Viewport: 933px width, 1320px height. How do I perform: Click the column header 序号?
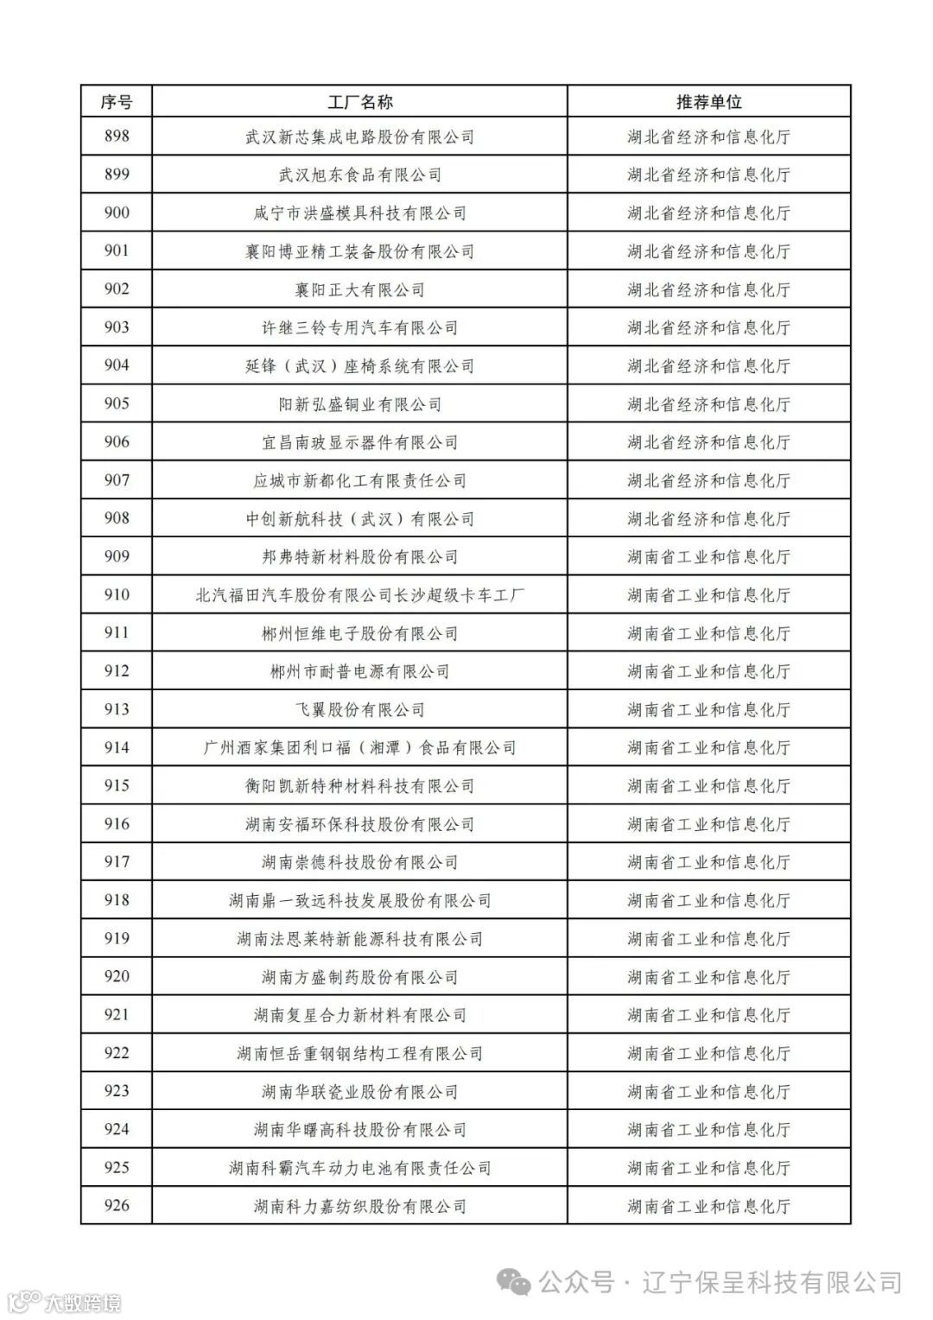click(x=116, y=102)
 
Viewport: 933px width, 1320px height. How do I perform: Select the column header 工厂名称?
click(x=359, y=102)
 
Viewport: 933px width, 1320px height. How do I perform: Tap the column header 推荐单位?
click(x=708, y=102)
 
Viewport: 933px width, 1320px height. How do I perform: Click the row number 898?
click(x=116, y=136)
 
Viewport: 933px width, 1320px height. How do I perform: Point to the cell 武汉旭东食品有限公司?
click(x=359, y=175)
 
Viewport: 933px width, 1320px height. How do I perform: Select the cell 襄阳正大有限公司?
click(x=359, y=289)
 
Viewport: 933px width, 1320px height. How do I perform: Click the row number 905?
click(x=116, y=403)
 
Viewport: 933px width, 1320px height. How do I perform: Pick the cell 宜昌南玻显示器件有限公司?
click(x=359, y=442)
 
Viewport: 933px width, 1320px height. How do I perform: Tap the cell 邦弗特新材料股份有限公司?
click(x=359, y=556)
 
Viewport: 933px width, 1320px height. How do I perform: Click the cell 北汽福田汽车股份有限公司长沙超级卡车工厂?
click(x=359, y=595)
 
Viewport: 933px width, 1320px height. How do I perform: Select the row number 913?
click(x=116, y=709)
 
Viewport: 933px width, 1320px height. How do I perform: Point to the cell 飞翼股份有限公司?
click(x=359, y=709)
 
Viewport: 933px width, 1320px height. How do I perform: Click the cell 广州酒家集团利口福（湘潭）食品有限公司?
click(x=359, y=747)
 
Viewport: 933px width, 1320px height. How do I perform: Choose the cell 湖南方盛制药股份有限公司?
click(x=359, y=977)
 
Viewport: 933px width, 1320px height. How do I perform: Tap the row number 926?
click(x=116, y=1205)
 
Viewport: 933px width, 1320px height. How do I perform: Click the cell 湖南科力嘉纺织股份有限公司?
click(x=359, y=1206)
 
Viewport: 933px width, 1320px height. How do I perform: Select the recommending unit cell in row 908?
click(x=708, y=518)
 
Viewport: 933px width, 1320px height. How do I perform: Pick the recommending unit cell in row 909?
click(x=708, y=556)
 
